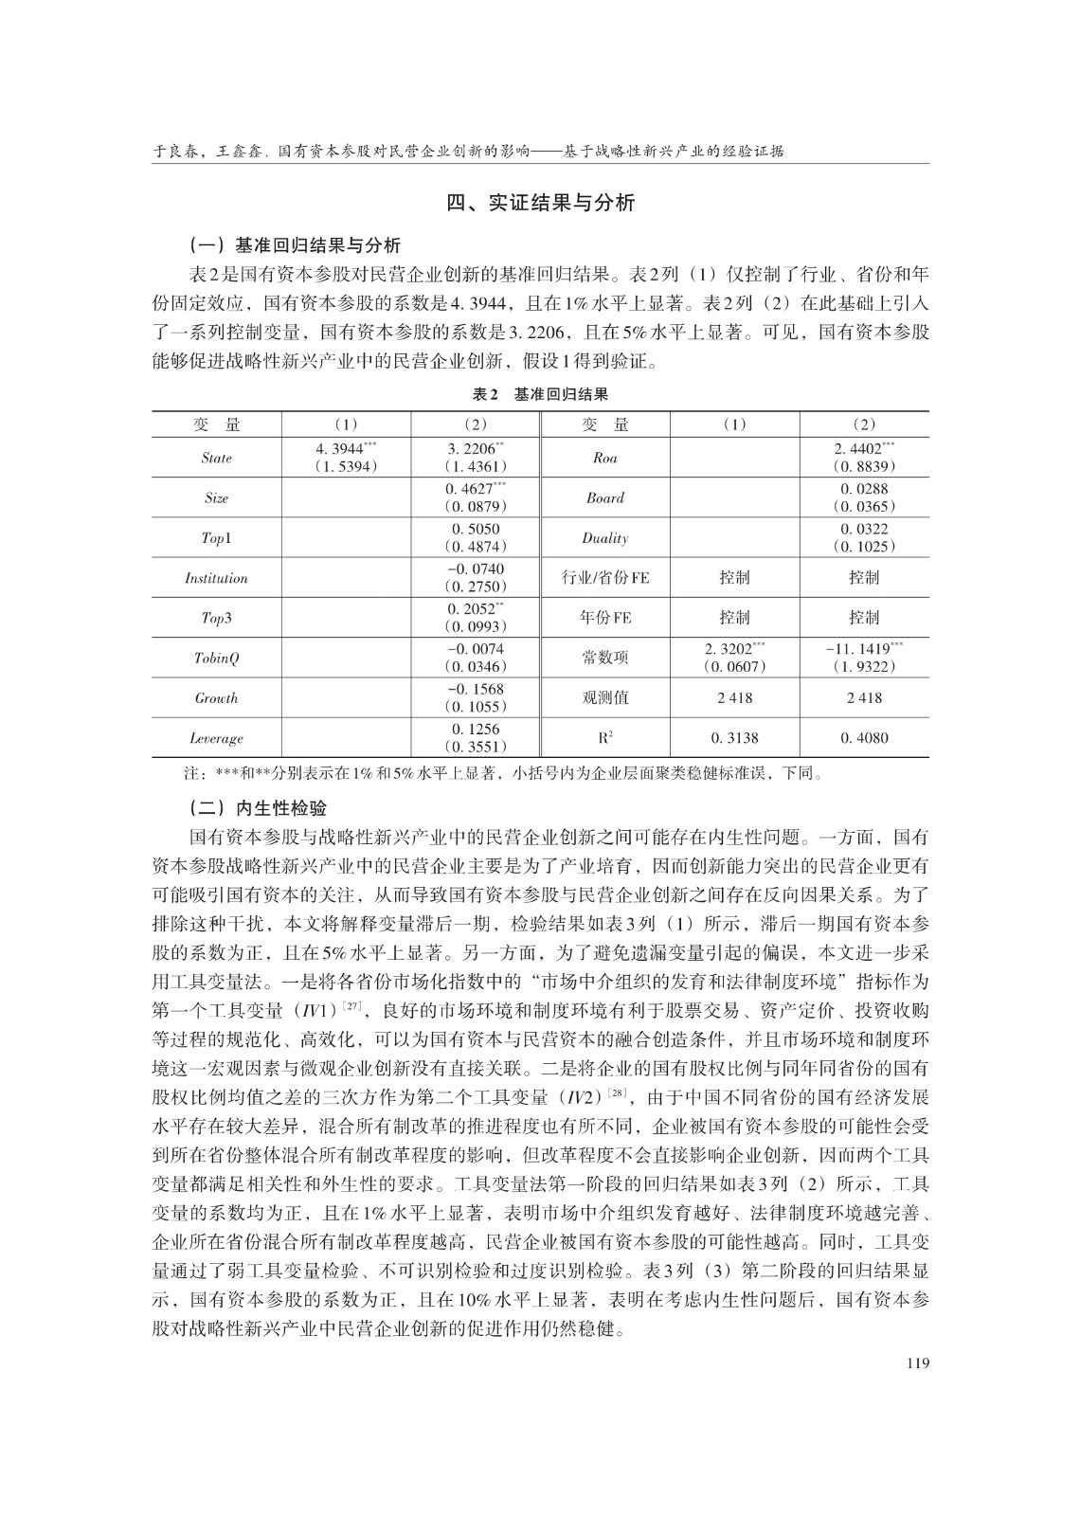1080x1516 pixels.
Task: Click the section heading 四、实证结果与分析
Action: coord(541,203)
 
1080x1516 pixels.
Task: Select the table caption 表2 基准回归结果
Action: coord(541,394)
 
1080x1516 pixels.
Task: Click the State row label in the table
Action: coord(216,458)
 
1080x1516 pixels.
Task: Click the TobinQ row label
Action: coord(216,658)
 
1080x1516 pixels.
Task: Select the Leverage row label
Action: coord(216,738)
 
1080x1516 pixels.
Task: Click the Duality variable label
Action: coord(604,538)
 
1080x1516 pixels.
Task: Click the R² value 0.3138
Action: coord(734,738)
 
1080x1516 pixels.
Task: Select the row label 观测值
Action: coord(604,698)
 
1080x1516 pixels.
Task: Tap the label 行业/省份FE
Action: coord(604,578)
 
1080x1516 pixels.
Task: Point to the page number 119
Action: coord(916,1363)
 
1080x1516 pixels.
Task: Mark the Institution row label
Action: coord(216,578)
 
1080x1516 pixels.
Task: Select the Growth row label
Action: coord(216,698)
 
